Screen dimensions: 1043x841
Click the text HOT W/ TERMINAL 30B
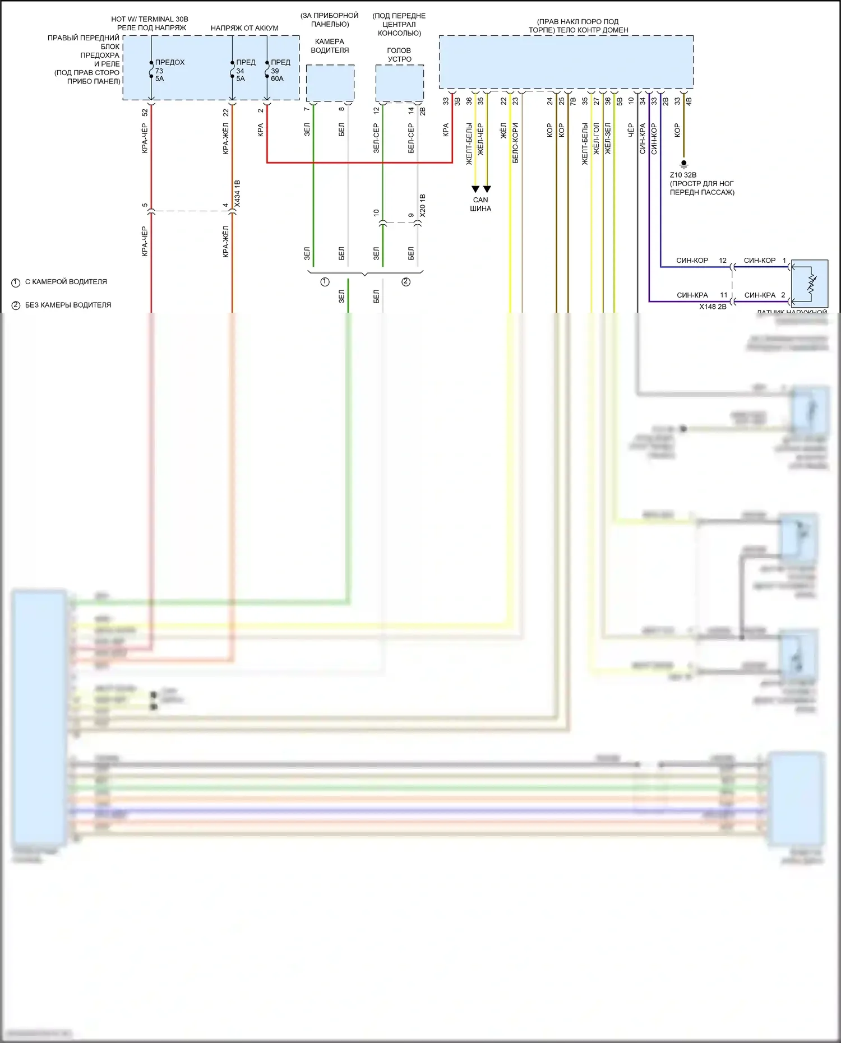[150, 19]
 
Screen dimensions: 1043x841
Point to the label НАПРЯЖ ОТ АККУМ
[244, 28]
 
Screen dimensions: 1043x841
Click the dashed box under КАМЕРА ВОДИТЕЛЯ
[330, 83]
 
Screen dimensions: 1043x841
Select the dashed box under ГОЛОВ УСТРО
[399, 83]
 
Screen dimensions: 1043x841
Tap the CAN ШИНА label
[480, 204]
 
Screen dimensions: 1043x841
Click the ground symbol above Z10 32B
[683, 164]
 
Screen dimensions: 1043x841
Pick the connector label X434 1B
[237, 194]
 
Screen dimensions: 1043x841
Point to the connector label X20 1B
[423, 206]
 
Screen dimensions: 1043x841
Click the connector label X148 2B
[713, 307]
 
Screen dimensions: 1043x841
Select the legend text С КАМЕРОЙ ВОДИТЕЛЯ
[66, 282]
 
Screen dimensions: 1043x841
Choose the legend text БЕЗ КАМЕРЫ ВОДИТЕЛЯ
[68, 305]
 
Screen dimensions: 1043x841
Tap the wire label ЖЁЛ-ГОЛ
[596, 139]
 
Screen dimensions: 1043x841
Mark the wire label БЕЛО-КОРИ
[515, 143]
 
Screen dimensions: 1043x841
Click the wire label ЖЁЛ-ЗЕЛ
[608, 139]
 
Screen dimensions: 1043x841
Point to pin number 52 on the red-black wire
[145, 112]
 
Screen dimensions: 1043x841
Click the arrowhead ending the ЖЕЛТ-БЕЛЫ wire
[475, 189]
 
